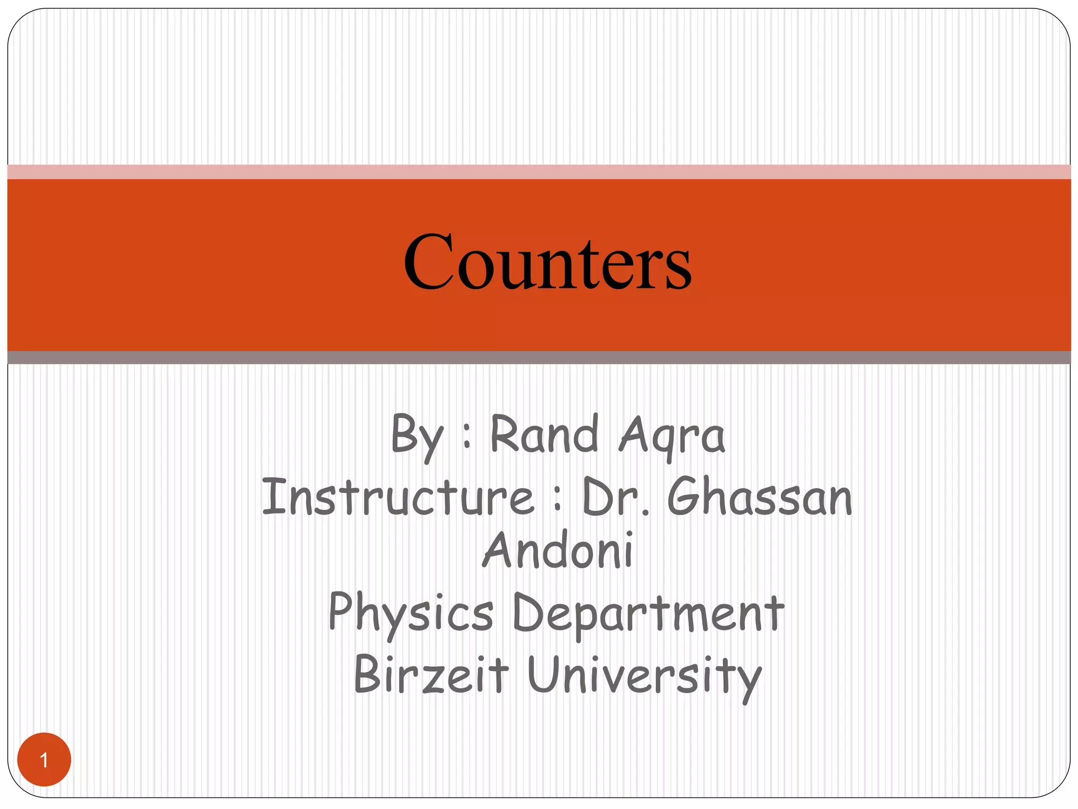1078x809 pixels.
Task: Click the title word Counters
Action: click(547, 262)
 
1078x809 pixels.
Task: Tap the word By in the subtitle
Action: click(417, 436)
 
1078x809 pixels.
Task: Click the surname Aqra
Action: click(672, 436)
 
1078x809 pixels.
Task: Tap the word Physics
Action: click(411, 614)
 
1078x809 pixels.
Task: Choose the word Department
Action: click(648, 614)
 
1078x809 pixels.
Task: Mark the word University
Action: click(644, 676)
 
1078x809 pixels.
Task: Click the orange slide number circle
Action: click(44, 759)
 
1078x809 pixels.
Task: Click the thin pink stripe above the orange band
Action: click(539, 172)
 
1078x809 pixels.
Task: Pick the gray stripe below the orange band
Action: click(539, 358)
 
